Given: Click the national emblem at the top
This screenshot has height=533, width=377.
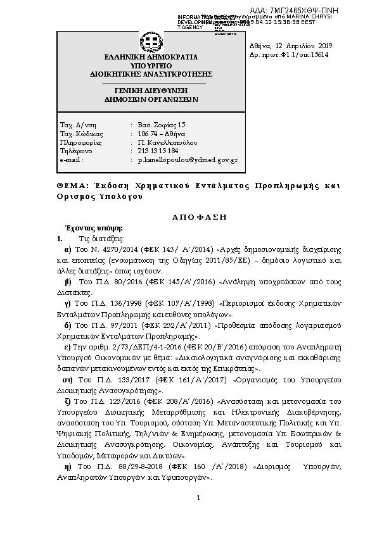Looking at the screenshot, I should (x=150, y=43).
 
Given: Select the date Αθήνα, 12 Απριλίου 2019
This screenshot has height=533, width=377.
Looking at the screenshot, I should (x=286, y=46).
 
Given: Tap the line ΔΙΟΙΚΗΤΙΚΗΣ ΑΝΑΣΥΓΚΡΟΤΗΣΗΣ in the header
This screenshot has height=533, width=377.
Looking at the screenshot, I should (x=150, y=73).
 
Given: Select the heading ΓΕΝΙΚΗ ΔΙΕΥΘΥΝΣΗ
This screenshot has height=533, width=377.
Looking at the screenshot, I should (x=150, y=91).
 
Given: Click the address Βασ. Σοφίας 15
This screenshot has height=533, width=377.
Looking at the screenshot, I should (x=162, y=124).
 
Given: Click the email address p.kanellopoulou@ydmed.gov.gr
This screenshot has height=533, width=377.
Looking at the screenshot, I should (x=188, y=160).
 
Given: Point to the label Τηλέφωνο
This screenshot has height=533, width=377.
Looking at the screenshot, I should (x=75, y=151).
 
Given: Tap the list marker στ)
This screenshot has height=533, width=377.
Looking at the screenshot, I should (x=68, y=380).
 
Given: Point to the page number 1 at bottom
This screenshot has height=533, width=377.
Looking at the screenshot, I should (x=198, y=498).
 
